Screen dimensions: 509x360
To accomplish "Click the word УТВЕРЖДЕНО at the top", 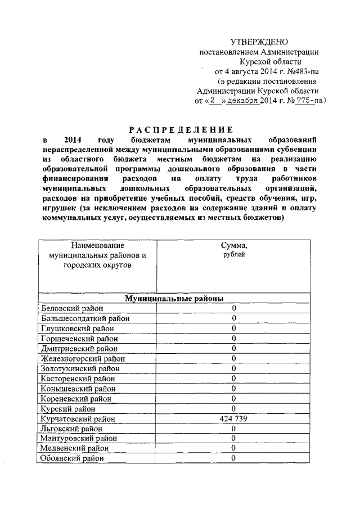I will (x=259, y=41).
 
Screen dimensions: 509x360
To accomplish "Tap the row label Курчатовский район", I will (x=78, y=419).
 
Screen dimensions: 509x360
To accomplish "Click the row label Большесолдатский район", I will (x=85, y=318).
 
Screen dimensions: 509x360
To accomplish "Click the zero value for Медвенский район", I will (x=233, y=448).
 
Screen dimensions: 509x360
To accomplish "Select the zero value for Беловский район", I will (x=233, y=308).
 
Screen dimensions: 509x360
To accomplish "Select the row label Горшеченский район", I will (x=76, y=338).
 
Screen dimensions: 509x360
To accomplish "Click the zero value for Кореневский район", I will (x=233, y=398).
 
